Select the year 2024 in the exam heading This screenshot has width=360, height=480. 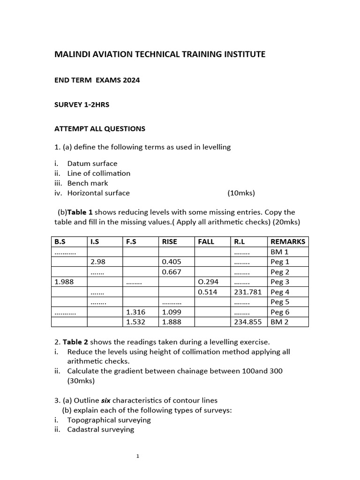pos(131,80)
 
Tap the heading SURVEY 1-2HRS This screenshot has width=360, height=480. pos(82,105)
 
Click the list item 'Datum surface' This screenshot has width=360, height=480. pos(92,164)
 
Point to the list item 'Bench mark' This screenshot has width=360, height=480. pos(88,183)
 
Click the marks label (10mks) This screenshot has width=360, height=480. pos(241,193)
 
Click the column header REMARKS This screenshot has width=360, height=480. pos(288,242)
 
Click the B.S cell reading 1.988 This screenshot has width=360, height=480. pos(64,282)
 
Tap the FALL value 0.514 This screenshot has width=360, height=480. pos(208,292)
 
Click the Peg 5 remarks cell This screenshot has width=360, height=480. pos(280,302)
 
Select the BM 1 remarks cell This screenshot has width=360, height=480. pos(279,252)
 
